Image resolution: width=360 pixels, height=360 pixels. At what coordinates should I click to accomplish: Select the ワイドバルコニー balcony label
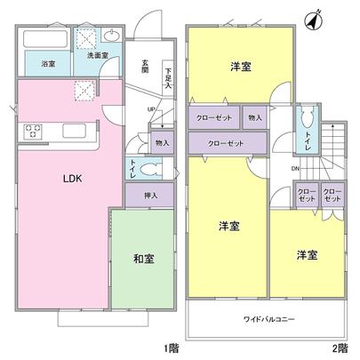pyautogui.click(x=265, y=317)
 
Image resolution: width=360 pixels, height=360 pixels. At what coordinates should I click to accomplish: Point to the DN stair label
pyautogui.click(x=294, y=169)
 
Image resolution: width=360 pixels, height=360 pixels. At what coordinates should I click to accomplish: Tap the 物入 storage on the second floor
pyautogui.click(x=254, y=116)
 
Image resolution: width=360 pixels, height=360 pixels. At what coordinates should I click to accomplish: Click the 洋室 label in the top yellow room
pyautogui.click(x=239, y=66)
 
